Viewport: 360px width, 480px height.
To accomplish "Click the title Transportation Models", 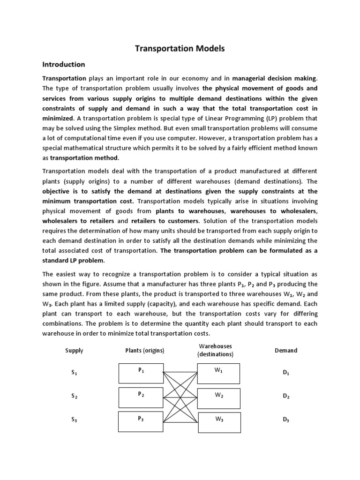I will (x=180, y=48).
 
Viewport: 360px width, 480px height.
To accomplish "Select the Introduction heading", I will (x=64, y=64).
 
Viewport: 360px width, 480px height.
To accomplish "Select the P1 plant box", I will (x=141, y=373).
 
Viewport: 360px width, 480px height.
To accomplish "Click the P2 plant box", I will (x=141, y=397).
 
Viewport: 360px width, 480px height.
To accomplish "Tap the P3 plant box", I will (x=141, y=420).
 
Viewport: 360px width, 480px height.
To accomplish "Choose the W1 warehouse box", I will (x=219, y=373).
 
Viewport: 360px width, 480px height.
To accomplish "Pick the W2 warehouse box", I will (x=219, y=397).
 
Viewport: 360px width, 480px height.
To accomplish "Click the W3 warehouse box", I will (x=219, y=421).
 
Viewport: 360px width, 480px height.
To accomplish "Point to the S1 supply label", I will (x=74, y=373).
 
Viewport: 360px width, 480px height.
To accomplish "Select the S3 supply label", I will (x=74, y=420).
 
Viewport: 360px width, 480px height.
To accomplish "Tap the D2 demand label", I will (x=286, y=397).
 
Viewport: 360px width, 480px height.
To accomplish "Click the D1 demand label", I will (x=286, y=373).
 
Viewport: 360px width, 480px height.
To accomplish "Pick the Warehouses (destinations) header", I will (x=215, y=351).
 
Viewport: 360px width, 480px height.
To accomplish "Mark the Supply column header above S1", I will (x=75, y=350).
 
